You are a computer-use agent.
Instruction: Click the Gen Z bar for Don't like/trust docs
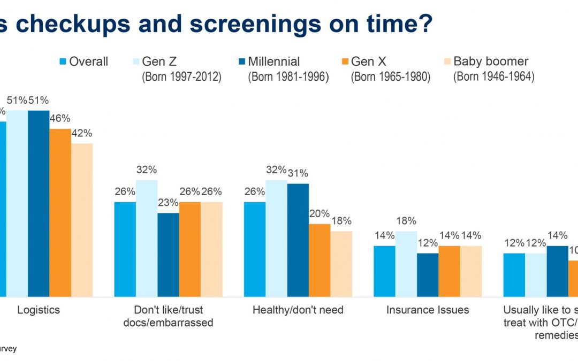tap(147, 238)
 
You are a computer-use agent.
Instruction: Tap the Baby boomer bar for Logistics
tap(82, 219)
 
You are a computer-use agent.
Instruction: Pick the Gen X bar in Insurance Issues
tap(450, 271)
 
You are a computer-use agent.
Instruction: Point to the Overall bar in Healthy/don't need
tap(255, 249)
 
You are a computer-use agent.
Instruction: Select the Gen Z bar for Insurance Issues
tap(406, 264)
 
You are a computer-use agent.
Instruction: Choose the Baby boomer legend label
tap(491, 62)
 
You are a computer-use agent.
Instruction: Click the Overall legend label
tap(88, 62)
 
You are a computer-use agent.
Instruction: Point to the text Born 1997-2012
tap(181, 76)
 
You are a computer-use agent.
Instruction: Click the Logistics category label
tap(39, 310)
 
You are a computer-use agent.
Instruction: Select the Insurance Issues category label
tap(428, 310)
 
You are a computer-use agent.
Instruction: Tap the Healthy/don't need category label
tap(298, 310)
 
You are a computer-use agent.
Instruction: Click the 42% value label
tap(82, 133)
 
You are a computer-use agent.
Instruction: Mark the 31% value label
tap(298, 173)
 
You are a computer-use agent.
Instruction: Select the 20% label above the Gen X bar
tap(320, 214)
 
